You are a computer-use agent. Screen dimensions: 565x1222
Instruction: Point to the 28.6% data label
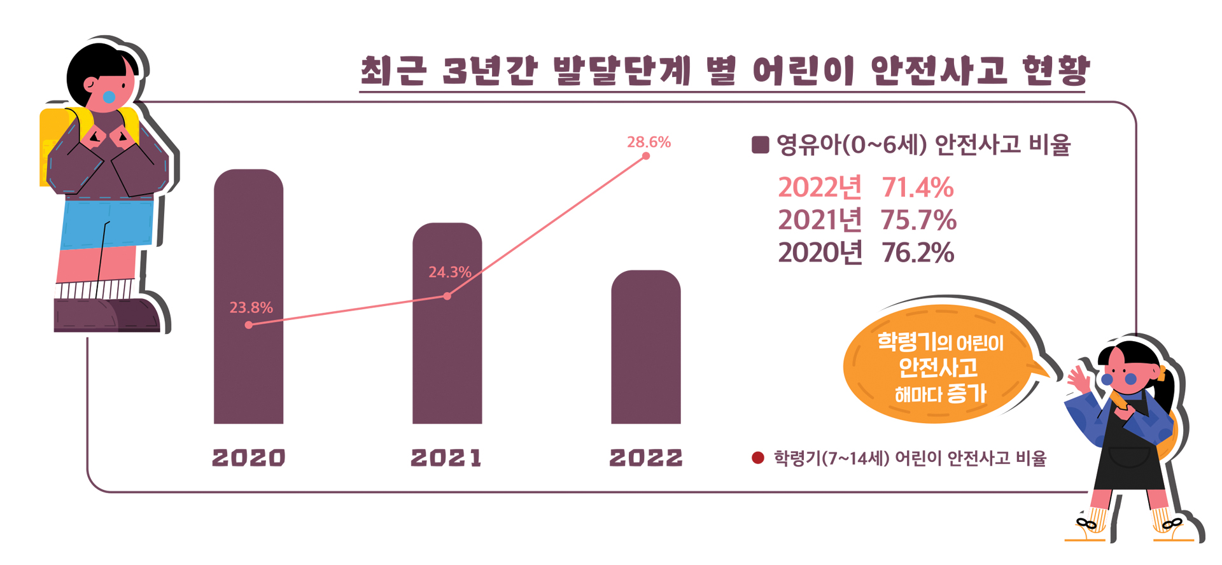coord(649,142)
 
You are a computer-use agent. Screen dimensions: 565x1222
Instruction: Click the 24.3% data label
coord(449,272)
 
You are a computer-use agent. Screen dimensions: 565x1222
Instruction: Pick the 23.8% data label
coord(251,308)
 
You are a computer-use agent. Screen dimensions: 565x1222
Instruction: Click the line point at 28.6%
coord(646,156)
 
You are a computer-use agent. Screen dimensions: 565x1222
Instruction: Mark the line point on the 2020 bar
coord(249,325)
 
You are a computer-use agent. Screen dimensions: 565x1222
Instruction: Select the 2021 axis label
coord(447,457)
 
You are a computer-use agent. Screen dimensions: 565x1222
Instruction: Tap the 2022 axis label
coord(645,457)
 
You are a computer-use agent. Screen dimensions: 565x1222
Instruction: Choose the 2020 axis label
coord(248,457)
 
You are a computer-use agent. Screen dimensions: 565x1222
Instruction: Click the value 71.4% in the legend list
coord(917,188)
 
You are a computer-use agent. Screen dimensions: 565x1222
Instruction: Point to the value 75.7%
coord(918,220)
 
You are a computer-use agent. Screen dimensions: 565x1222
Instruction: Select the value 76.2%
coord(917,253)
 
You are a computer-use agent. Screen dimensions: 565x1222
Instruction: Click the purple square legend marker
coord(760,144)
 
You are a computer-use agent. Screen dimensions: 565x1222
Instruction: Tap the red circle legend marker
coord(757,458)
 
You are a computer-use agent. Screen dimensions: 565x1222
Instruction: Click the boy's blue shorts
coord(105,223)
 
